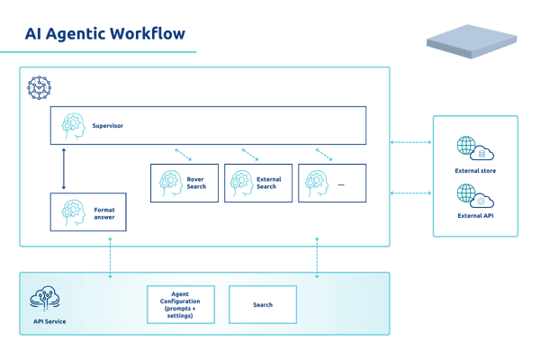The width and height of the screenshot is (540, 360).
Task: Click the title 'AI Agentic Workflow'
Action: click(105, 35)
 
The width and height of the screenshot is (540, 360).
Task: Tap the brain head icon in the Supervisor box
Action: click(72, 127)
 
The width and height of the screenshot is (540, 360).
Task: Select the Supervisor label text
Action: click(107, 127)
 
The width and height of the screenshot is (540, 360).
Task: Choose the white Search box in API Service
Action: click(262, 305)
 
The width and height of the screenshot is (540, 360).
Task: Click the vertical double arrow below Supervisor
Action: click(63, 168)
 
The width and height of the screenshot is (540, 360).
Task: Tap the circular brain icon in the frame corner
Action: click(39, 87)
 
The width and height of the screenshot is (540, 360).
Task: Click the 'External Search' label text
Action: click(269, 182)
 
